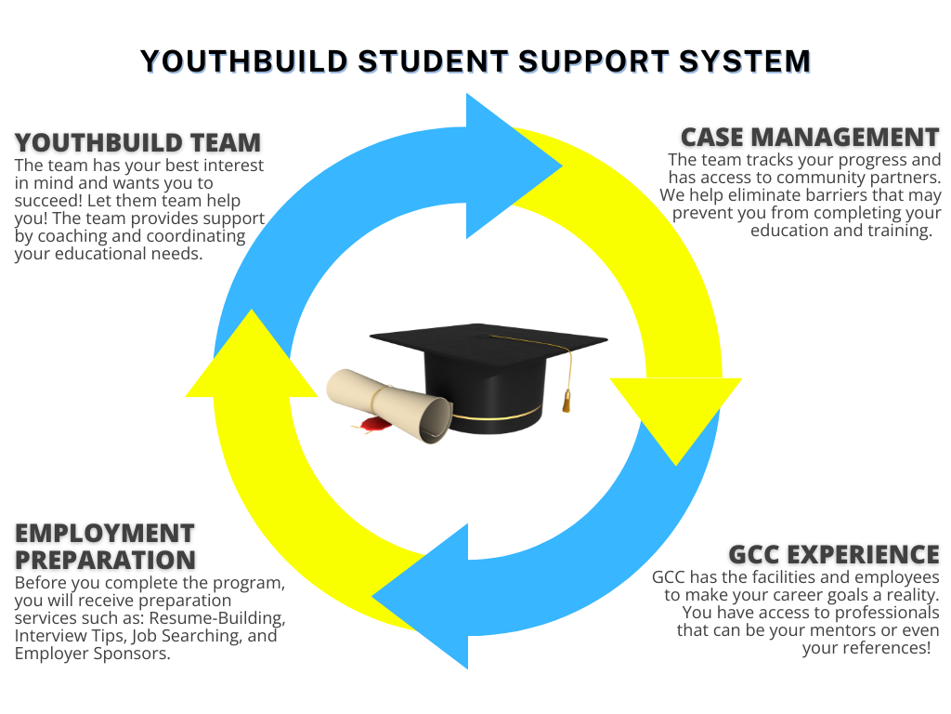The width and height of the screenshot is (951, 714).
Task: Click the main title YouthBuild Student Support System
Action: coord(475,61)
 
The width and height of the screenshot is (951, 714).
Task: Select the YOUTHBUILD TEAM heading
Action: coord(137,142)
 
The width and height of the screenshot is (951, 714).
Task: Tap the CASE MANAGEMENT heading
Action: coord(810,137)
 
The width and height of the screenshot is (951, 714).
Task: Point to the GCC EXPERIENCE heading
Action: coord(834,555)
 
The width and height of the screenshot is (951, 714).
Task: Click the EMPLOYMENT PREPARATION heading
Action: coord(105,547)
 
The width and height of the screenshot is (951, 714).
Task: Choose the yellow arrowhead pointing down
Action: coord(675,414)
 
